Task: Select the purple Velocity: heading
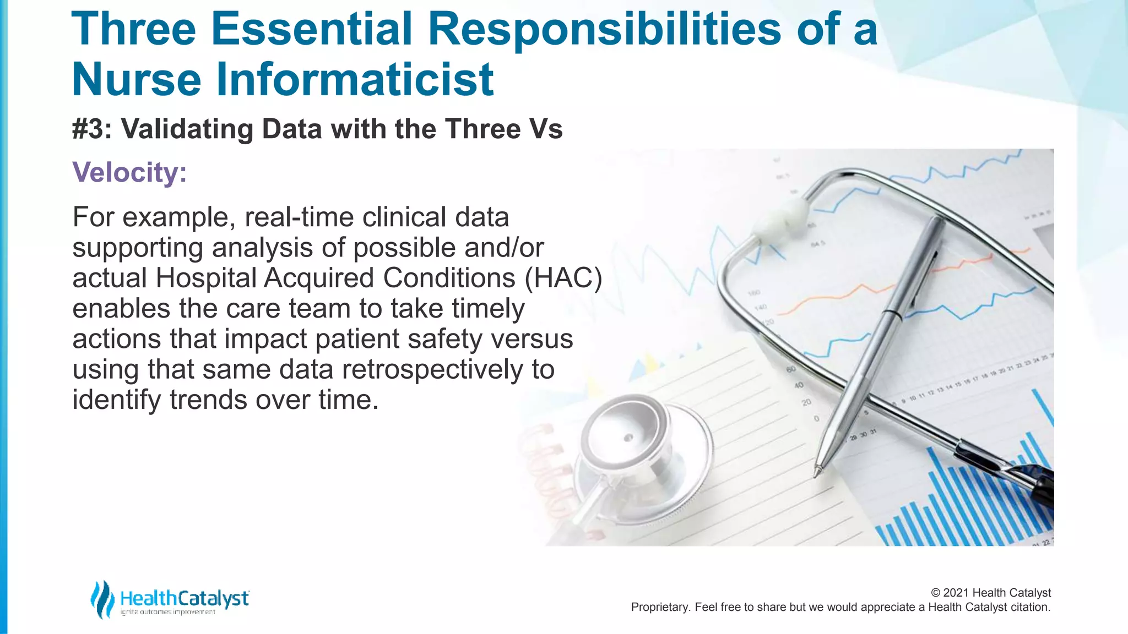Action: pyautogui.click(x=129, y=172)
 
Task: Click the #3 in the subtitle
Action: pyautogui.click(x=91, y=129)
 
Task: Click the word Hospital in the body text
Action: pyautogui.click(x=206, y=278)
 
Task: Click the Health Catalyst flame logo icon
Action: pyautogui.click(x=102, y=599)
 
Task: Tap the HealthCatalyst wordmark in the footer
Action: pyautogui.click(x=185, y=598)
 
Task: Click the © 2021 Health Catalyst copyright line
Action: pyautogui.click(x=990, y=593)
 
